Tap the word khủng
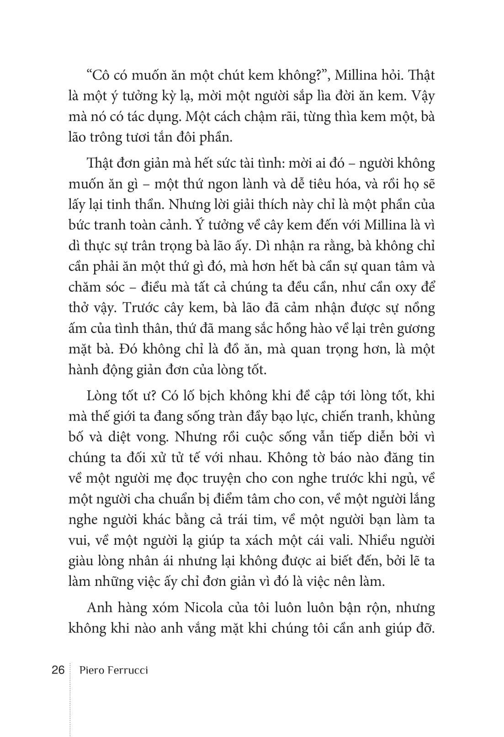pyautogui.click(x=416, y=416)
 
